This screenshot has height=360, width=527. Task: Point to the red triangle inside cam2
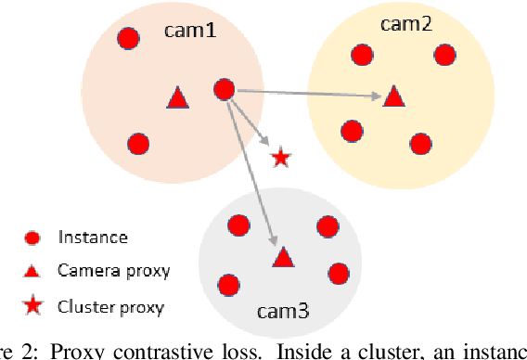[x=394, y=95]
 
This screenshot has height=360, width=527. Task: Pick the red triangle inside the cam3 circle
[x=281, y=258]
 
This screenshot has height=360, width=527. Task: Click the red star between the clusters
[x=280, y=158]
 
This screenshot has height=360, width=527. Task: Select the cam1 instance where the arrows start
[x=224, y=89]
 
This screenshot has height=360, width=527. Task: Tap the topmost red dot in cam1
[x=128, y=38]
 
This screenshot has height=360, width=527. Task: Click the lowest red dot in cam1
[x=138, y=144]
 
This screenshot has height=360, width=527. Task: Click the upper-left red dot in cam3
[x=238, y=225]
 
